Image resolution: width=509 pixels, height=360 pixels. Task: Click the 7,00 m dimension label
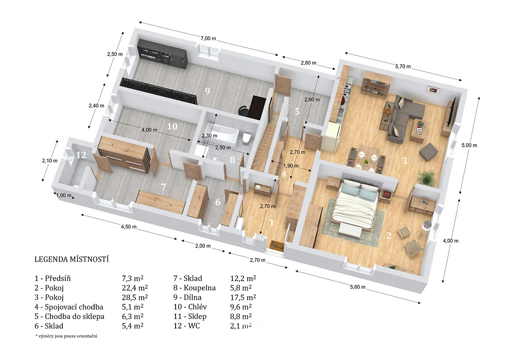(x=208, y=39)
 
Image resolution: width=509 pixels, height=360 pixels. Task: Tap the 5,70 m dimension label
(x=403, y=66)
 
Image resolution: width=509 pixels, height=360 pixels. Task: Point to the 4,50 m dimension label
(x=129, y=227)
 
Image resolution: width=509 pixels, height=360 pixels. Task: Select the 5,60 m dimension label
(x=358, y=287)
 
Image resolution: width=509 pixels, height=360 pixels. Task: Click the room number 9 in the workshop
(x=207, y=91)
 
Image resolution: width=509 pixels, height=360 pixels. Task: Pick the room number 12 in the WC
(x=81, y=155)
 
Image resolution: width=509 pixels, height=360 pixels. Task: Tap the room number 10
(x=172, y=127)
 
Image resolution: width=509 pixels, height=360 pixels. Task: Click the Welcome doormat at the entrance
(x=277, y=246)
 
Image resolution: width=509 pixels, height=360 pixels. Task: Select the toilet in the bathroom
(x=246, y=138)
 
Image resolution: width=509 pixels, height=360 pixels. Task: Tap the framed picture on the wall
(x=433, y=90)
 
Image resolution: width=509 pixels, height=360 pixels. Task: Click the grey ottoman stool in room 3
(x=428, y=151)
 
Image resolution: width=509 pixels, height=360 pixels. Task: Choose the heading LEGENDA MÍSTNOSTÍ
(x=72, y=259)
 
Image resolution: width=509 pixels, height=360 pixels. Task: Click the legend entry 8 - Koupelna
(x=195, y=288)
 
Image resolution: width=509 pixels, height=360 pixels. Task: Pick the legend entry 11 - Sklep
(x=190, y=317)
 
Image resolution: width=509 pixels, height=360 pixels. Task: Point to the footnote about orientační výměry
(x=66, y=336)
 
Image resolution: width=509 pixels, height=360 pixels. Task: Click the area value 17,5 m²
(x=243, y=298)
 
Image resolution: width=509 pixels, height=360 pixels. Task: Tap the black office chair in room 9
(x=243, y=111)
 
